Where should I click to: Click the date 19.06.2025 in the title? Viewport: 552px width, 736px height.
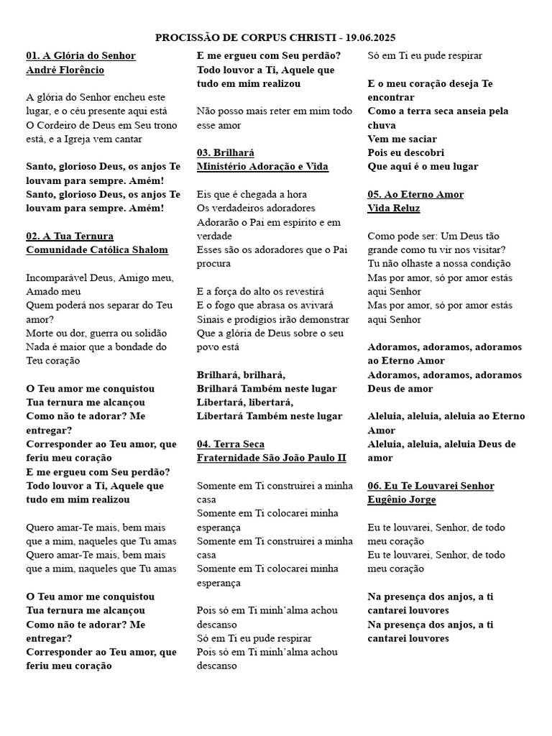tap(370, 37)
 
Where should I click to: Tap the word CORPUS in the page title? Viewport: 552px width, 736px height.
tap(267, 37)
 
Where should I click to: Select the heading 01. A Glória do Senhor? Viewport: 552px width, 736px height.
tap(80, 56)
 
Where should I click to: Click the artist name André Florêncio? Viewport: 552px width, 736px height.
tap(65, 70)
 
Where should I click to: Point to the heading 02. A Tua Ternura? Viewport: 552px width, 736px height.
tap(70, 236)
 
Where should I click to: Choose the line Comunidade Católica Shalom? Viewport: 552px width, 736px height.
tap(97, 250)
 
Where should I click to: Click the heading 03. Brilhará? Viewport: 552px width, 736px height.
tap(226, 152)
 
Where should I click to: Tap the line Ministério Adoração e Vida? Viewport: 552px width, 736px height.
tap(262, 167)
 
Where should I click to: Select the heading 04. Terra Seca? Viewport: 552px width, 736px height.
tap(231, 444)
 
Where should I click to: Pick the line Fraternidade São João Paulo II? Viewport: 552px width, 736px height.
tap(272, 458)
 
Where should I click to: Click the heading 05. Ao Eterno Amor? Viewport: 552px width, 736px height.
tap(415, 194)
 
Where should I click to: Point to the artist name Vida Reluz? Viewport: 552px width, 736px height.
tap(394, 208)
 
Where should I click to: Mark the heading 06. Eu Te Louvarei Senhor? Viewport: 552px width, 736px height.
tap(431, 486)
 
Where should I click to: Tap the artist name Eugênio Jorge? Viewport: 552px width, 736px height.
tap(402, 500)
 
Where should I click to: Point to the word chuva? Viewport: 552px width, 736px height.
tap(381, 125)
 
